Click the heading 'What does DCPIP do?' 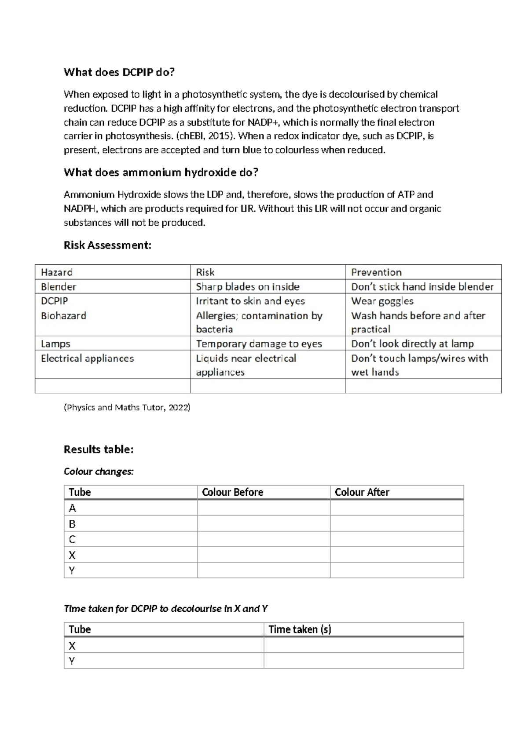click(x=119, y=72)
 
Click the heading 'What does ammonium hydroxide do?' click(x=161, y=172)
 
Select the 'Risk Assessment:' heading click(x=107, y=245)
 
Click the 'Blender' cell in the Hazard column click(x=59, y=287)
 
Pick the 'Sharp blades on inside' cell click(x=248, y=287)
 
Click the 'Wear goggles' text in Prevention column click(x=382, y=301)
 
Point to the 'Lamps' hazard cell click(x=55, y=344)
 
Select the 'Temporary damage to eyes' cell click(x=259, y=344)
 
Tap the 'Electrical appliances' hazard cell click(x=87, y=358)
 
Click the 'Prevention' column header click(x=376, y=272)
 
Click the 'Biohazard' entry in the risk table click(x=63, y=316)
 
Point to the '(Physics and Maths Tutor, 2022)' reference click(x=127, y=407)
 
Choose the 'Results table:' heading click(x=99, y=449)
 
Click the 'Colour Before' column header click(x=232, y=492)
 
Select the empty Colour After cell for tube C click(x=396, y=539)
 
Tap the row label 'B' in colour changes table click(x=72, y=524)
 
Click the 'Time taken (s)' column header click(x=300, y=629)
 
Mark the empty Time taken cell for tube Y click(x=363, y=661)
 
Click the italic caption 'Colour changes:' click(x=99, y=472)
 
